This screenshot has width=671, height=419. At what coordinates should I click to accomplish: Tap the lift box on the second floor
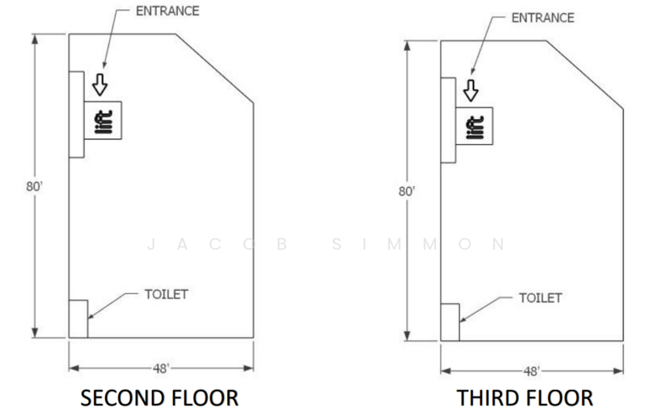tap(103, 120)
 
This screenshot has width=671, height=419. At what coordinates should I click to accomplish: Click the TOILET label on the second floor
tap(166, 294)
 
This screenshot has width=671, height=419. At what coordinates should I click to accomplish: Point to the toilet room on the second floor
tap(77, 318)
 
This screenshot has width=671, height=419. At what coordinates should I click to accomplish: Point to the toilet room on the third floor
tap(450, 322)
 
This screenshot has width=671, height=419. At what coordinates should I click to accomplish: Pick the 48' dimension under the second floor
tap(161, 368)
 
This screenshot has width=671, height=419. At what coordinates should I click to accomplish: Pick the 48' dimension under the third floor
tap(532, 370)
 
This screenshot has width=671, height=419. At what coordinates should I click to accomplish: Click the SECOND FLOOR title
tap(161, 396)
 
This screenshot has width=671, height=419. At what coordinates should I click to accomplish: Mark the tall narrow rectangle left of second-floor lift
tap(76, 114)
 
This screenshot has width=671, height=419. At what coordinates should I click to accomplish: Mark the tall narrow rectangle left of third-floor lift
tap(448, 120)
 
